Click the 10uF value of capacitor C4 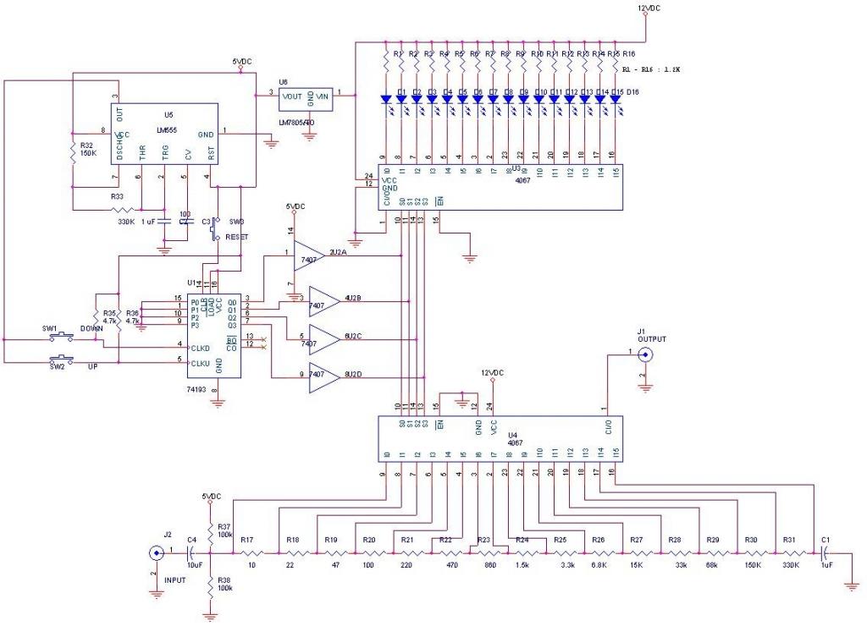[193, 564]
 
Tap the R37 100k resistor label [224, 530]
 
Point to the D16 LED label [632, 91]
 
